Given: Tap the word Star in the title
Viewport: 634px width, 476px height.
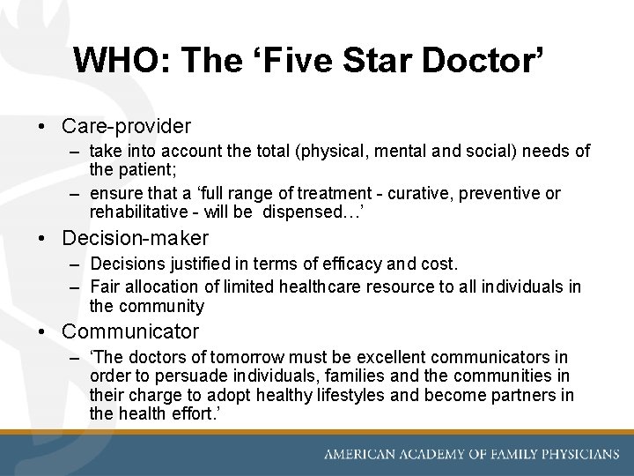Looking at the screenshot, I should point(372,61).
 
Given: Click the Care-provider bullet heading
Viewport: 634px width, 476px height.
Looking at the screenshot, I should point(126,127).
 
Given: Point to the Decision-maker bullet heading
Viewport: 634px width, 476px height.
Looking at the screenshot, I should point(135,238).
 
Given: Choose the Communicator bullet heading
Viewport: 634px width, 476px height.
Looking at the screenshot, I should point(130,332).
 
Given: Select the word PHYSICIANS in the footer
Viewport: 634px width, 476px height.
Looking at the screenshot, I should point(571,455).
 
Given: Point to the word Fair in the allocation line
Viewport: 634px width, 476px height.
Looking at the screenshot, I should point(106,287).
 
